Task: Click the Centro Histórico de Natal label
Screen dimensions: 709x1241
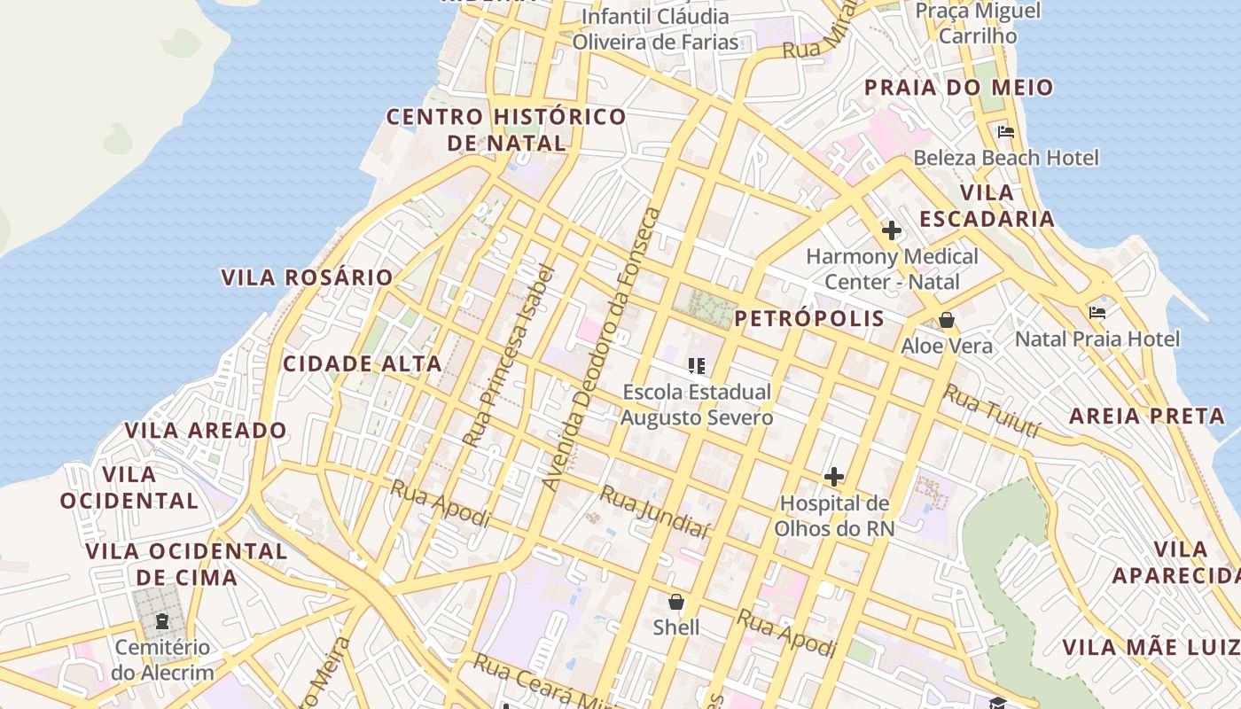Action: click(506, 129)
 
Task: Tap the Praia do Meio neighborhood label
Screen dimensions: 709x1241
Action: click(958, 87)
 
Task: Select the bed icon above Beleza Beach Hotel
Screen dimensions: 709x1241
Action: click(1005, 132)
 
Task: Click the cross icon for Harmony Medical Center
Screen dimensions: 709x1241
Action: click(891, 231)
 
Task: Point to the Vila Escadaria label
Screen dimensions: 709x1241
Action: click(987, 206)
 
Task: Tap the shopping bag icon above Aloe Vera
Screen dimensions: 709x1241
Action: click(947, 320)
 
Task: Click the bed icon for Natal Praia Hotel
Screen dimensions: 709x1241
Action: click(1097, 313)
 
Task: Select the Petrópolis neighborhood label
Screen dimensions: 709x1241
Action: click(809, 318)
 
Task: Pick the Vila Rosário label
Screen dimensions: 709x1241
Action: click(307, 277)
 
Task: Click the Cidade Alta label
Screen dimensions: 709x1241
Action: click(362, 363)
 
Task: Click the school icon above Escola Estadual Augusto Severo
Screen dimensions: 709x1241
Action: click(696, 365)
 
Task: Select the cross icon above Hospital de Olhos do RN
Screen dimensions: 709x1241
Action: click(833, 477)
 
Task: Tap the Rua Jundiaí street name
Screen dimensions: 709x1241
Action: click(655, 511)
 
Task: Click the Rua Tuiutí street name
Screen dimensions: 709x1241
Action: click(990, 410)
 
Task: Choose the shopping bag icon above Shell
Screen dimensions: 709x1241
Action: click(676, 603)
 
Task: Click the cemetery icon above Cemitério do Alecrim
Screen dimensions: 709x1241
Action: click(162, 621)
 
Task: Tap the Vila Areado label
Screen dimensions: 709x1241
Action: click(206, 431)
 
